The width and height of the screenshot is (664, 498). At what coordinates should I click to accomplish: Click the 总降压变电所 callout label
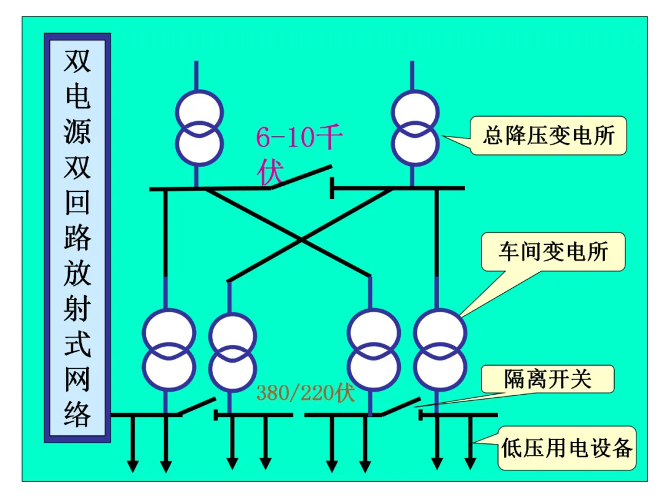pyautogui.click(x=549, y=135)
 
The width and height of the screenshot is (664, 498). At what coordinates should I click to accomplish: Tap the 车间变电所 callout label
pyautogui.click(x=553, y=251)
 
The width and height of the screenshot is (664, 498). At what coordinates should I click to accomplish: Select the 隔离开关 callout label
pyautogui.click(x=548, y=379)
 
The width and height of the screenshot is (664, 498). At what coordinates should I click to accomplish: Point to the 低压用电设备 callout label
pyautogui.click(x=567, y=448)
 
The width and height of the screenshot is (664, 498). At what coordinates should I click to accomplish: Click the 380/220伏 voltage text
pyautogui.click(x=306, y=392)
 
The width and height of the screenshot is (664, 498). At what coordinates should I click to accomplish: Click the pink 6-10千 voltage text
pyautogui.click(x=299, y=137)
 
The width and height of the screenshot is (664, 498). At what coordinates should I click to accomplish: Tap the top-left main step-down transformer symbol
pyautogui.click(x=199, y=127)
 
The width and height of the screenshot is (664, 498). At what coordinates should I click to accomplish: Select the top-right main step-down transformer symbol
pyautogui.click(x=416, y=127)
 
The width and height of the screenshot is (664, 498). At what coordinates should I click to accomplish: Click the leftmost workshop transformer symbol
pyautogui.click(x=169, y=350)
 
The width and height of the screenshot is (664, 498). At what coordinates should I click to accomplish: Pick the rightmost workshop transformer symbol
pyautogui.click(x=440, y=350)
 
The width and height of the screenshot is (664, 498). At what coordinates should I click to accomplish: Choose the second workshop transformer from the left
pyautogui.click(x=232, y=352)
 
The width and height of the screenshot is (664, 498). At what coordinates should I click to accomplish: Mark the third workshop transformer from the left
pyautogui.click(x=374, y=350)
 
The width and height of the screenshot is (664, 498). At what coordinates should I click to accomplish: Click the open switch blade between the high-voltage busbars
pyautogui.click(x=301, y=177)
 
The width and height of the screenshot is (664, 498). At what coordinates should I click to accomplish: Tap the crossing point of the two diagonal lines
pyautogui.click(x=301, y=240)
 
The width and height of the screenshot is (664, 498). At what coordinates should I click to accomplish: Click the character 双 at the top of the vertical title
pyautogui.click(x=77, y=61)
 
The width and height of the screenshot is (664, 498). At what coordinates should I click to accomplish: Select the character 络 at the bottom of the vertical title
pyautogui.click(x=77, y=413)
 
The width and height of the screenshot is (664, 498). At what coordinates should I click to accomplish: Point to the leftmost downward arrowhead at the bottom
pyautogui.click(x=133, y=466)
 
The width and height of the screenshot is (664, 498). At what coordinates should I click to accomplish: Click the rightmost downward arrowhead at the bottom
pyautogui.click(x=470, y=464)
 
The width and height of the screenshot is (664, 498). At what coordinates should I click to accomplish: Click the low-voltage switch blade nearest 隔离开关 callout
pyautogui.click(x=401, y=406)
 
